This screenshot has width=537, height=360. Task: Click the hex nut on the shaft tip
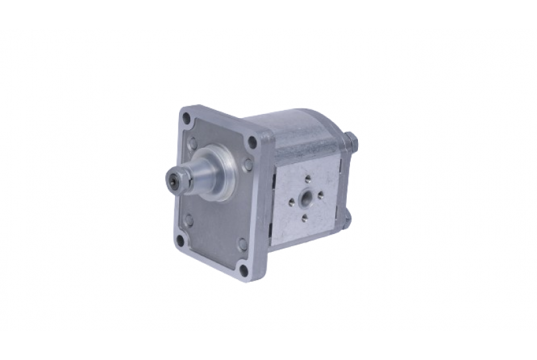pyautogui.click(x=174, y=178)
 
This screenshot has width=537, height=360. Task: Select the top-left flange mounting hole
pyautogui.click(x=187, y=119)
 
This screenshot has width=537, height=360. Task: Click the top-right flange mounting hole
pyautogui.click(x=252, y=141)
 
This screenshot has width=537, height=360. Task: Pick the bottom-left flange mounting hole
pyautogui.click(x=180, y=241)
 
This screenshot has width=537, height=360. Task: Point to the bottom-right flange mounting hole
pyautogui.click(x=244, y=269)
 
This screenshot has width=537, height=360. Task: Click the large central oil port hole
pyautogui.click(x=306, y=198)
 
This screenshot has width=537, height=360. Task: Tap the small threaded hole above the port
pyautogui.click(x=308, y=178)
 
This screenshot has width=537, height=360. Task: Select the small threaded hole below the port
pyautogui.click(x=304, y=217)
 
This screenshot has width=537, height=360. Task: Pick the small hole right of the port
pyautogui.click(x=321, y=195)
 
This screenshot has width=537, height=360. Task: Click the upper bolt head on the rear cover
pyautogui.click(x=351, y=141)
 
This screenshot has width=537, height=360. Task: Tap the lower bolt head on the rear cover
pyautogui.click(x=347, y=218)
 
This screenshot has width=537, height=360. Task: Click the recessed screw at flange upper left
pyautogui.click(x=192, y=143)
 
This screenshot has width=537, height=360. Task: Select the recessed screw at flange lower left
pyautogui.click(x=188, y=219)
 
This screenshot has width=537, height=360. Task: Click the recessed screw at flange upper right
pyautogui.click(x=248, y=165)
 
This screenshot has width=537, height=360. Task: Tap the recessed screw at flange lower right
pyautogui.click(x=243, y=244)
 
